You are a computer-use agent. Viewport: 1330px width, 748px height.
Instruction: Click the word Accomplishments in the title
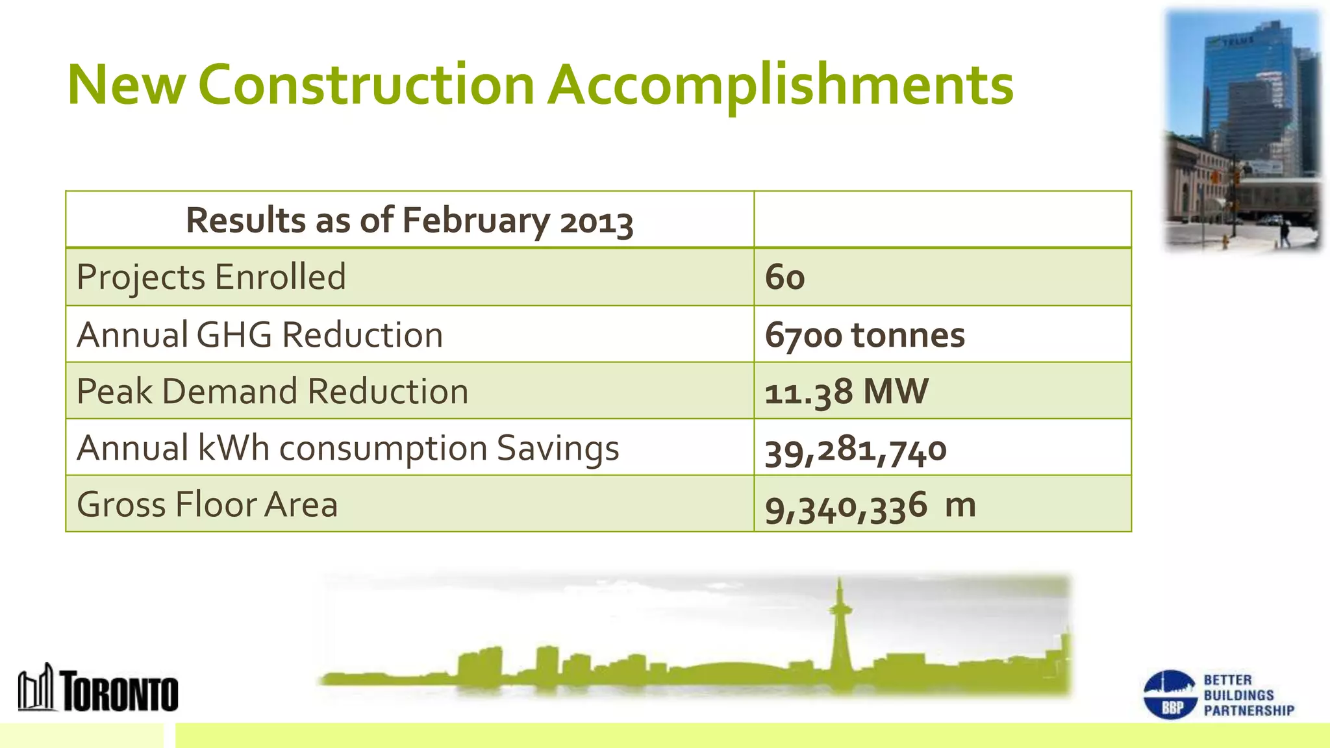click(x=780, y=85)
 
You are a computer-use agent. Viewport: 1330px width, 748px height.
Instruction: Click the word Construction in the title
click(x=366, y=85)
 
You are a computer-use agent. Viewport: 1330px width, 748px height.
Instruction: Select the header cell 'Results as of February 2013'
click(x=409, y=220)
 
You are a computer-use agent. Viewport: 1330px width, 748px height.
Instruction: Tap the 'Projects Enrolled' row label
click(x=211, y=277)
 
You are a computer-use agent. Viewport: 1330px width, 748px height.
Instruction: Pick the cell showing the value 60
click(x=784, y=277)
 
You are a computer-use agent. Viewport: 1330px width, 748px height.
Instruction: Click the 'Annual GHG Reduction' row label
click(x=260, y=335)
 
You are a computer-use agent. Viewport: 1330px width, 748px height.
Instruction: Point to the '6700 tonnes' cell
click(x=864, y=335)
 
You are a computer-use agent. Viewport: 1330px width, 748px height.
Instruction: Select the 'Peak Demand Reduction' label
click(x=272, y=392)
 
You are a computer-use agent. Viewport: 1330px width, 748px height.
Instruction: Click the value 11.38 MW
click(x=846, y=392)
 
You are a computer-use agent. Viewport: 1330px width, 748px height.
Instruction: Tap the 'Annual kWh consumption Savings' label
click(x=347, y=449)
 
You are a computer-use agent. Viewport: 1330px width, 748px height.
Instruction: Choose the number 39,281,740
click(x=855, y=450)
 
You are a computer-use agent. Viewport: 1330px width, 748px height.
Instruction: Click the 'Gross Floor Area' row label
click(x=207, y=505)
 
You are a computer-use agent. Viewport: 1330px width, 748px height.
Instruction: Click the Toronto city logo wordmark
click(x=120, y=692)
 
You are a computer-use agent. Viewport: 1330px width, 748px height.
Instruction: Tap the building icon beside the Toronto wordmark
click(x=36, y=688)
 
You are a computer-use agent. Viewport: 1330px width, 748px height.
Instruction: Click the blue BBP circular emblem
click(x=1170, y=695)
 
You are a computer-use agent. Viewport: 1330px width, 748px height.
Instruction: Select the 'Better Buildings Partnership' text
click(x=1248, y=695)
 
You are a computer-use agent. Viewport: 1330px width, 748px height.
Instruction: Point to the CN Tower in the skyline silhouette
click(x=840, y=630)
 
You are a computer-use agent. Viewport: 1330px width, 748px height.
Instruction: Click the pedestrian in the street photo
click(x=1284, y=233)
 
